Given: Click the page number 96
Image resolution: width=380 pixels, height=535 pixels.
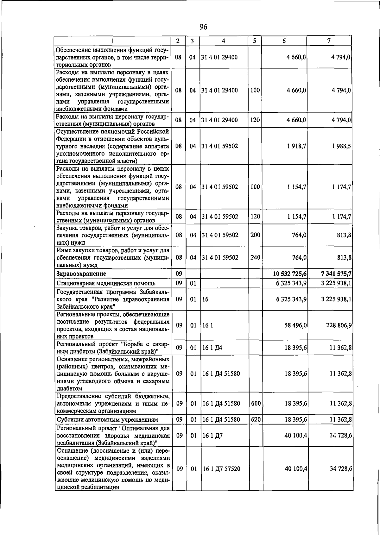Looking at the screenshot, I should tap(204, 27).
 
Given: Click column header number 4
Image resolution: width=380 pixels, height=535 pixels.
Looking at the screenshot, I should tap(224, 41).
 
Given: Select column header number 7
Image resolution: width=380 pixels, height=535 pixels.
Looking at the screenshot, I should tap(329, 41).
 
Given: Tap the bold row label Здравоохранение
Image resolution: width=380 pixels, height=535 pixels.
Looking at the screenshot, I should tap(81, 274).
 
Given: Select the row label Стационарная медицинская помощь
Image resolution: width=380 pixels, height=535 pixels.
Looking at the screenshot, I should tap(106, 283).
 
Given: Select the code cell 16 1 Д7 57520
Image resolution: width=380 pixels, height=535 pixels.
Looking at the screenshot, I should tap(221, 469).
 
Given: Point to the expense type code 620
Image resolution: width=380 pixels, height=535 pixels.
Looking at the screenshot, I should tap(256, 419).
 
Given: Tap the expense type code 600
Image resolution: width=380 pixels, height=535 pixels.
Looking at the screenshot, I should tap(256, 403).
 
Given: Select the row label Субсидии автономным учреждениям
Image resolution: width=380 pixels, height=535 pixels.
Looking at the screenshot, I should tap(107, 420).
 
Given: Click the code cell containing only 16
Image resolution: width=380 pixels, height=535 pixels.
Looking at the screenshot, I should tap(205, 299).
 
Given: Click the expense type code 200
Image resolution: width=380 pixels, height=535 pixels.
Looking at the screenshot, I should tap(255, 235).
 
